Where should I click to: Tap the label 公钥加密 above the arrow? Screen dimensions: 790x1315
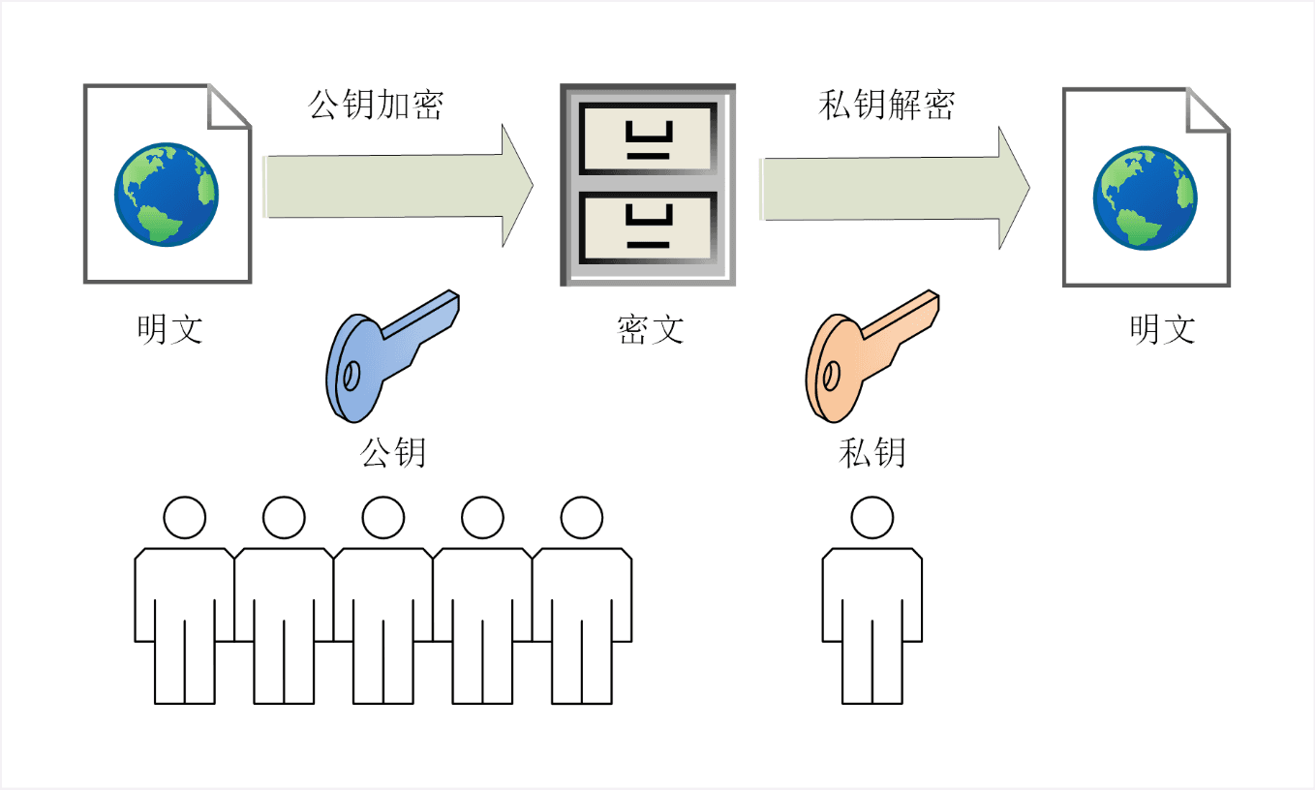(375, 105)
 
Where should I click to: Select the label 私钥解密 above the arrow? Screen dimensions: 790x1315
(887, 105)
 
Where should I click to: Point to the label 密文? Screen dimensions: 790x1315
(650, 329)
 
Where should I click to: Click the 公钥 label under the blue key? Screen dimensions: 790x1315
(393, 452)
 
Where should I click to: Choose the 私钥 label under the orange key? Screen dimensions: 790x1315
(872, 452)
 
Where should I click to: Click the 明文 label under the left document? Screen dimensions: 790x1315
(170, 329)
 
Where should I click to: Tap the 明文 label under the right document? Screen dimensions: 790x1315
(1163, 329)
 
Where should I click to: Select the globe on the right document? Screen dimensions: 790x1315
(1145, 198)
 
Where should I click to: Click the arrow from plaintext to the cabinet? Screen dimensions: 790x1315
(397, 185)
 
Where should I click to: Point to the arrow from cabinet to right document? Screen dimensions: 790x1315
(891, 188)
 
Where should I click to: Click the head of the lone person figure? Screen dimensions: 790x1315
(872, 518)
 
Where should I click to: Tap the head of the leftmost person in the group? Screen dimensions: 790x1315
(184, 518)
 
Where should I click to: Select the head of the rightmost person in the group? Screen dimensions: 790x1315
(582, 518)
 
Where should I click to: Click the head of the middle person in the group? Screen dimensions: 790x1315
(382, 518)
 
